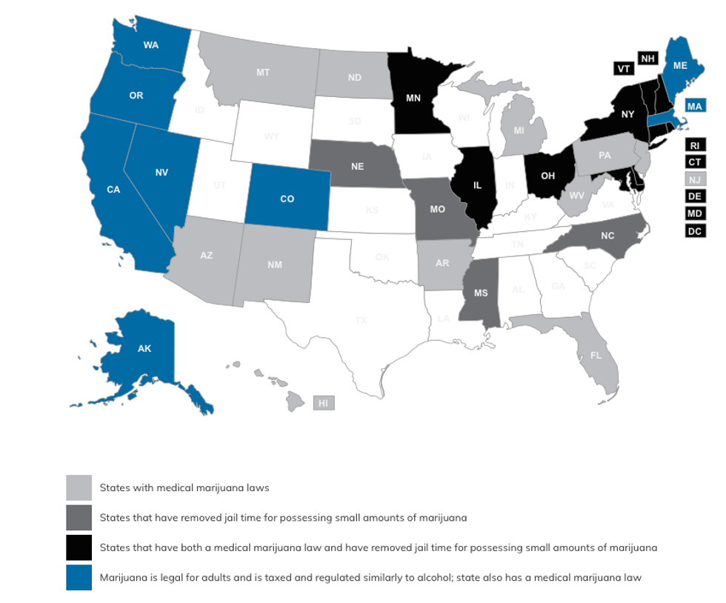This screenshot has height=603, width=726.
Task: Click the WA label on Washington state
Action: coord(151,45)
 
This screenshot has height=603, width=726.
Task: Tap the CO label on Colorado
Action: coord(287,199)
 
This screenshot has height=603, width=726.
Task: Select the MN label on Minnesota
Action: coord(413,97)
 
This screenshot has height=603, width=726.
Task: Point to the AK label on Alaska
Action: coord(144,348)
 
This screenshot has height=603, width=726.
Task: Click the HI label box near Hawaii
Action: coord(323,403)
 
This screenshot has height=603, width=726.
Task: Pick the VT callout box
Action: coord(624,68)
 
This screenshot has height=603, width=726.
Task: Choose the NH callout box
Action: coord(648,59)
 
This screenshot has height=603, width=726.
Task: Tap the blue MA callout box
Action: coord(694,107)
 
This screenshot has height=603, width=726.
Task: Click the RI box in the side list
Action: coord(696,145)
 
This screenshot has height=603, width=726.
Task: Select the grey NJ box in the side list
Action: coord(696,179)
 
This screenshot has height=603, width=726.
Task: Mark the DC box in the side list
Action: coord(696,231)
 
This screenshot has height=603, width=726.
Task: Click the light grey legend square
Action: coord(79,487)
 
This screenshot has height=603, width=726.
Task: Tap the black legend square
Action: coord(79,547)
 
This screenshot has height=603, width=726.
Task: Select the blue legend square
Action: coord(79,578)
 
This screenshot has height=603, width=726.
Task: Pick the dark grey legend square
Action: coord(79,518)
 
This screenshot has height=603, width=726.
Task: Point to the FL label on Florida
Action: coord(596,356)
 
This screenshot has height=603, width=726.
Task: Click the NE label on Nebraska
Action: coord(357,167)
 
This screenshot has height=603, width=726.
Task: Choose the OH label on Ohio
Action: coord(548,176)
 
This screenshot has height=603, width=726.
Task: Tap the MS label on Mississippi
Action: coord(481,293)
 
